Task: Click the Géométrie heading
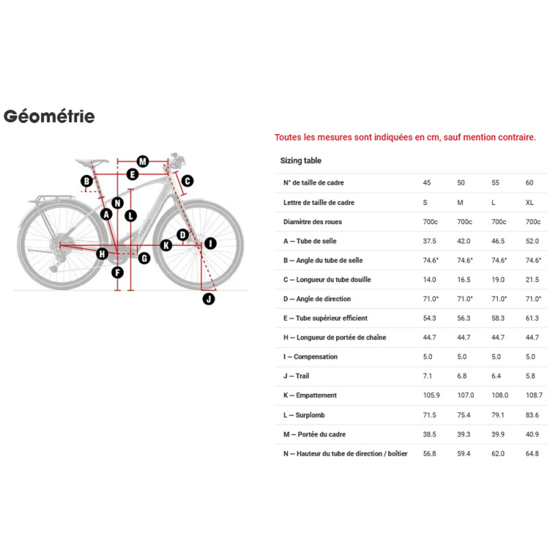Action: coord(49,116)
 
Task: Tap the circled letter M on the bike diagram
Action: coord(142,161)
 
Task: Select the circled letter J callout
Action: coord(209,298)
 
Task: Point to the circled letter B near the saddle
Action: coord(87,181)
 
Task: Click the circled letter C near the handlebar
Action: coord(187,181)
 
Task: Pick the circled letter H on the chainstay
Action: coord(102,254)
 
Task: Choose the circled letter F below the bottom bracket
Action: coord(118,273)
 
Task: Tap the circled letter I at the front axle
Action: coord(210,243)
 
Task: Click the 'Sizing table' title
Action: coord(301,161)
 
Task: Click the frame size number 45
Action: coord(427,183)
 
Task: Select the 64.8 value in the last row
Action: coord(533,453)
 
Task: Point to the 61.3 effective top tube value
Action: coord(533,318)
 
